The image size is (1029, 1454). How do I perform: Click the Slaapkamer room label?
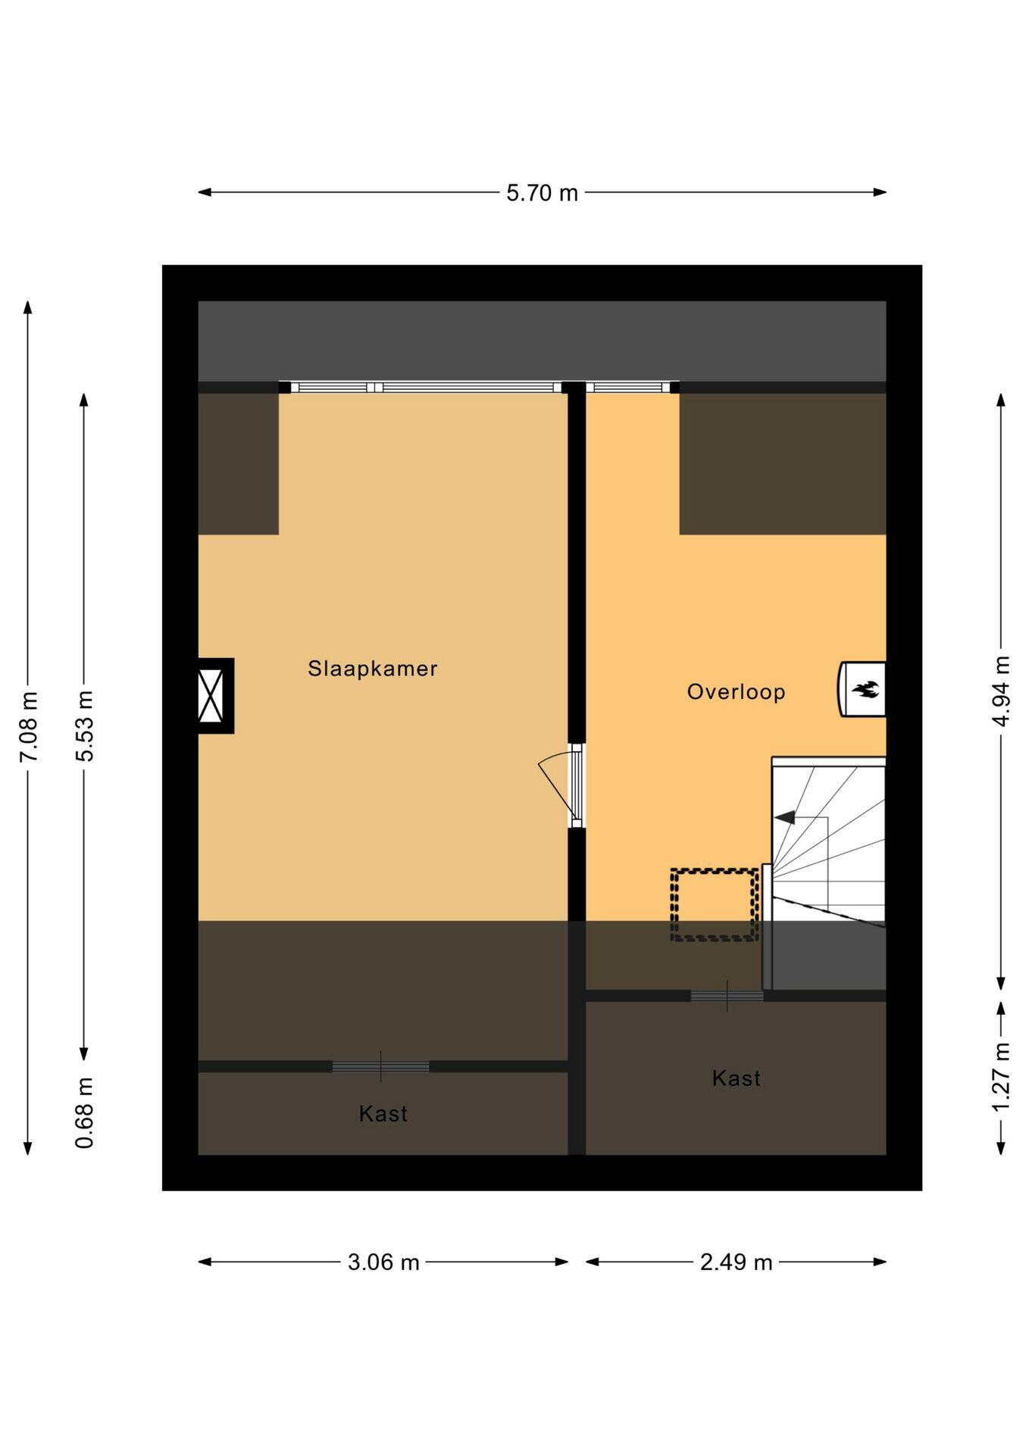(372, 669)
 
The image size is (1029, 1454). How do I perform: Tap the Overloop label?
(736, 692)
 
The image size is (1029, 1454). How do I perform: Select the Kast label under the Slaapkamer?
(383, 1114)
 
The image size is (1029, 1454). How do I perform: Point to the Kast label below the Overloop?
(736, 1078)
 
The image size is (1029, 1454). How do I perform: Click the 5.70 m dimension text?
(542, 193)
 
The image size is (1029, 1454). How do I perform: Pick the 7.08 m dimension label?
(28, 728)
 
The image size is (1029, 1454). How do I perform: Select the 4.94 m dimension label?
(1001, 691)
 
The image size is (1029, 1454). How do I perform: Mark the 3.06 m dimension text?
(383, 1262)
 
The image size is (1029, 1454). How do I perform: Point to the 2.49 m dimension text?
(736, 1262)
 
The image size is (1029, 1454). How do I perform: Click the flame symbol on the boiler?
(865, 689)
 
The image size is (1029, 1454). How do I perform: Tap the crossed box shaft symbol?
(211, 695)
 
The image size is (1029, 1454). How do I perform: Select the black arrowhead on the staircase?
(784, 817)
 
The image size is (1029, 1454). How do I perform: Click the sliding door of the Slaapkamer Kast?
(380, 1066)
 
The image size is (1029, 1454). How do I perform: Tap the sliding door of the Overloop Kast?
(727, 996)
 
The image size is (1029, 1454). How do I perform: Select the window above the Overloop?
(628, 388)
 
